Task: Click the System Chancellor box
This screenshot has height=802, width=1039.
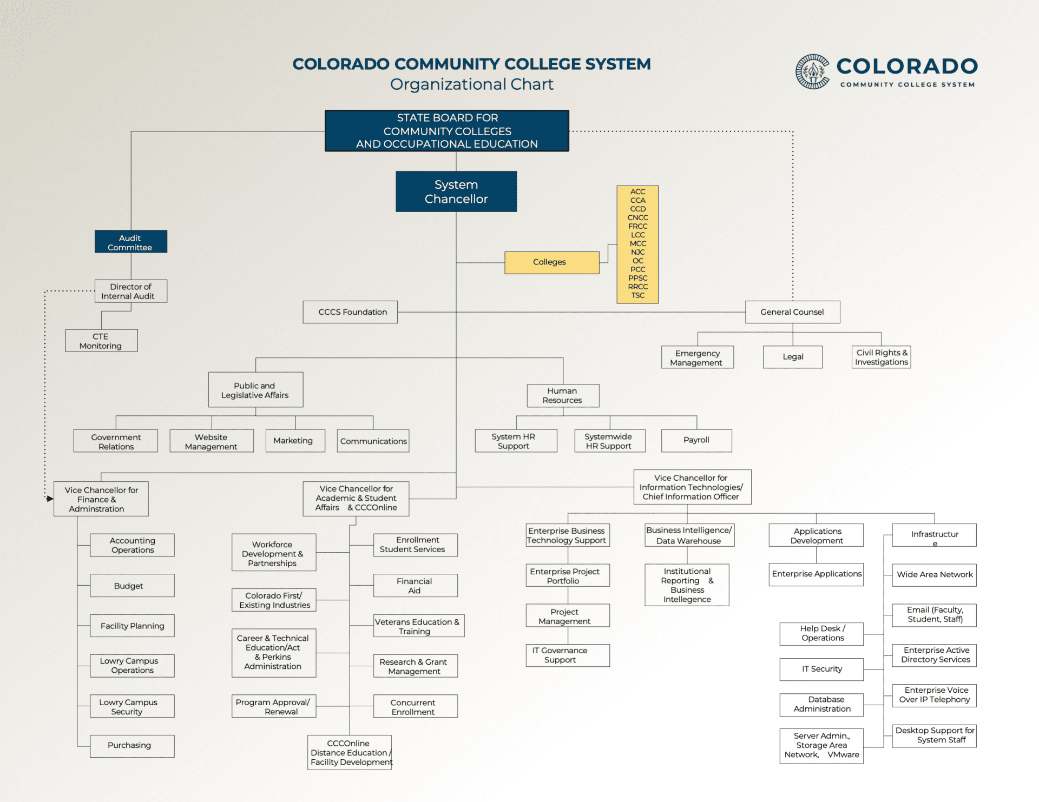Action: tap(456, 191)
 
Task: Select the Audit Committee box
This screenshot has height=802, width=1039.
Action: tap(131, 242)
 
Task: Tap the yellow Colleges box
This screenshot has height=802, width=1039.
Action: tap(552, 262)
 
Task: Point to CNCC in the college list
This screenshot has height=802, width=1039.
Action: tap(637, 217)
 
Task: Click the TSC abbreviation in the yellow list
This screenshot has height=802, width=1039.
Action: tap(637, 295)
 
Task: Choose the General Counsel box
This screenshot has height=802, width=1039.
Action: tap(792, 312)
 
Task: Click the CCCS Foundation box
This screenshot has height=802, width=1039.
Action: tap(350, 312)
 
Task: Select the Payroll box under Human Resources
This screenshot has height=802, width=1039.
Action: tap(696, 440)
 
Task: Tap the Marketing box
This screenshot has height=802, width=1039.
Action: tap(295, 441)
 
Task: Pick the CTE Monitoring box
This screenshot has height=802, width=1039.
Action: tap(101, 341)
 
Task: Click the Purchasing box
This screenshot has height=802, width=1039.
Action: tap(132, 746)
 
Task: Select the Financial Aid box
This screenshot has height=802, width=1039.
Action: tap(415, 586)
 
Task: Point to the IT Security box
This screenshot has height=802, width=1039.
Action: tap(821, 670)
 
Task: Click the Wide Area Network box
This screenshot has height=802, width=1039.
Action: tap(934, 575)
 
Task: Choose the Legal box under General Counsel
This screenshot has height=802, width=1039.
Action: tap(793, 357)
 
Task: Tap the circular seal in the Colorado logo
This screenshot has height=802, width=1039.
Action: tap(812, 71)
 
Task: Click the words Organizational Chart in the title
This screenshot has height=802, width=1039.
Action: tap(472, 84)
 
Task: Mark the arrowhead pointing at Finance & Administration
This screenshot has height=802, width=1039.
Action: tap(50, 499)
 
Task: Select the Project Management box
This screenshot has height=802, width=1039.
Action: tap(568, 616)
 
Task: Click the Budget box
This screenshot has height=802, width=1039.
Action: tap(132, 586)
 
